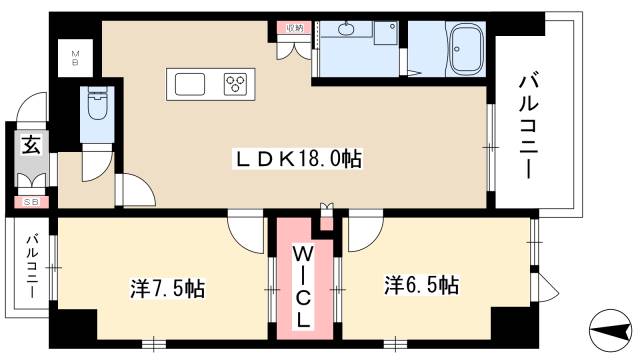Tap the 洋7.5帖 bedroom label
(167, 289)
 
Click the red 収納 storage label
(292, 28)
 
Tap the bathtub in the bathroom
(465, 51)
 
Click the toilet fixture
(98, 102)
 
